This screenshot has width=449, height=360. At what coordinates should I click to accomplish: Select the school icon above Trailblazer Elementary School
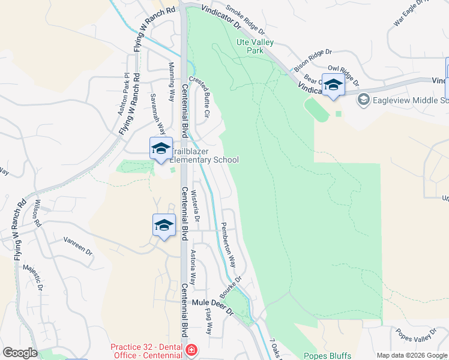click(161, 149)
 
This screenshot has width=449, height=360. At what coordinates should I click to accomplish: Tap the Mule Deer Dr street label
click(212, 304)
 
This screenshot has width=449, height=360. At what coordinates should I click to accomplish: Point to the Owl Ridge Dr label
click(343, 76)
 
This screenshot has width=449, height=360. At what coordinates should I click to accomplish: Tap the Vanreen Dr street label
click(79, 247)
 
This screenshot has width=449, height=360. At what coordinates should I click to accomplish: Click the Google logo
click(19, 353)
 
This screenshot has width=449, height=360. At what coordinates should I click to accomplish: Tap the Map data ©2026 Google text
click(411, 355)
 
